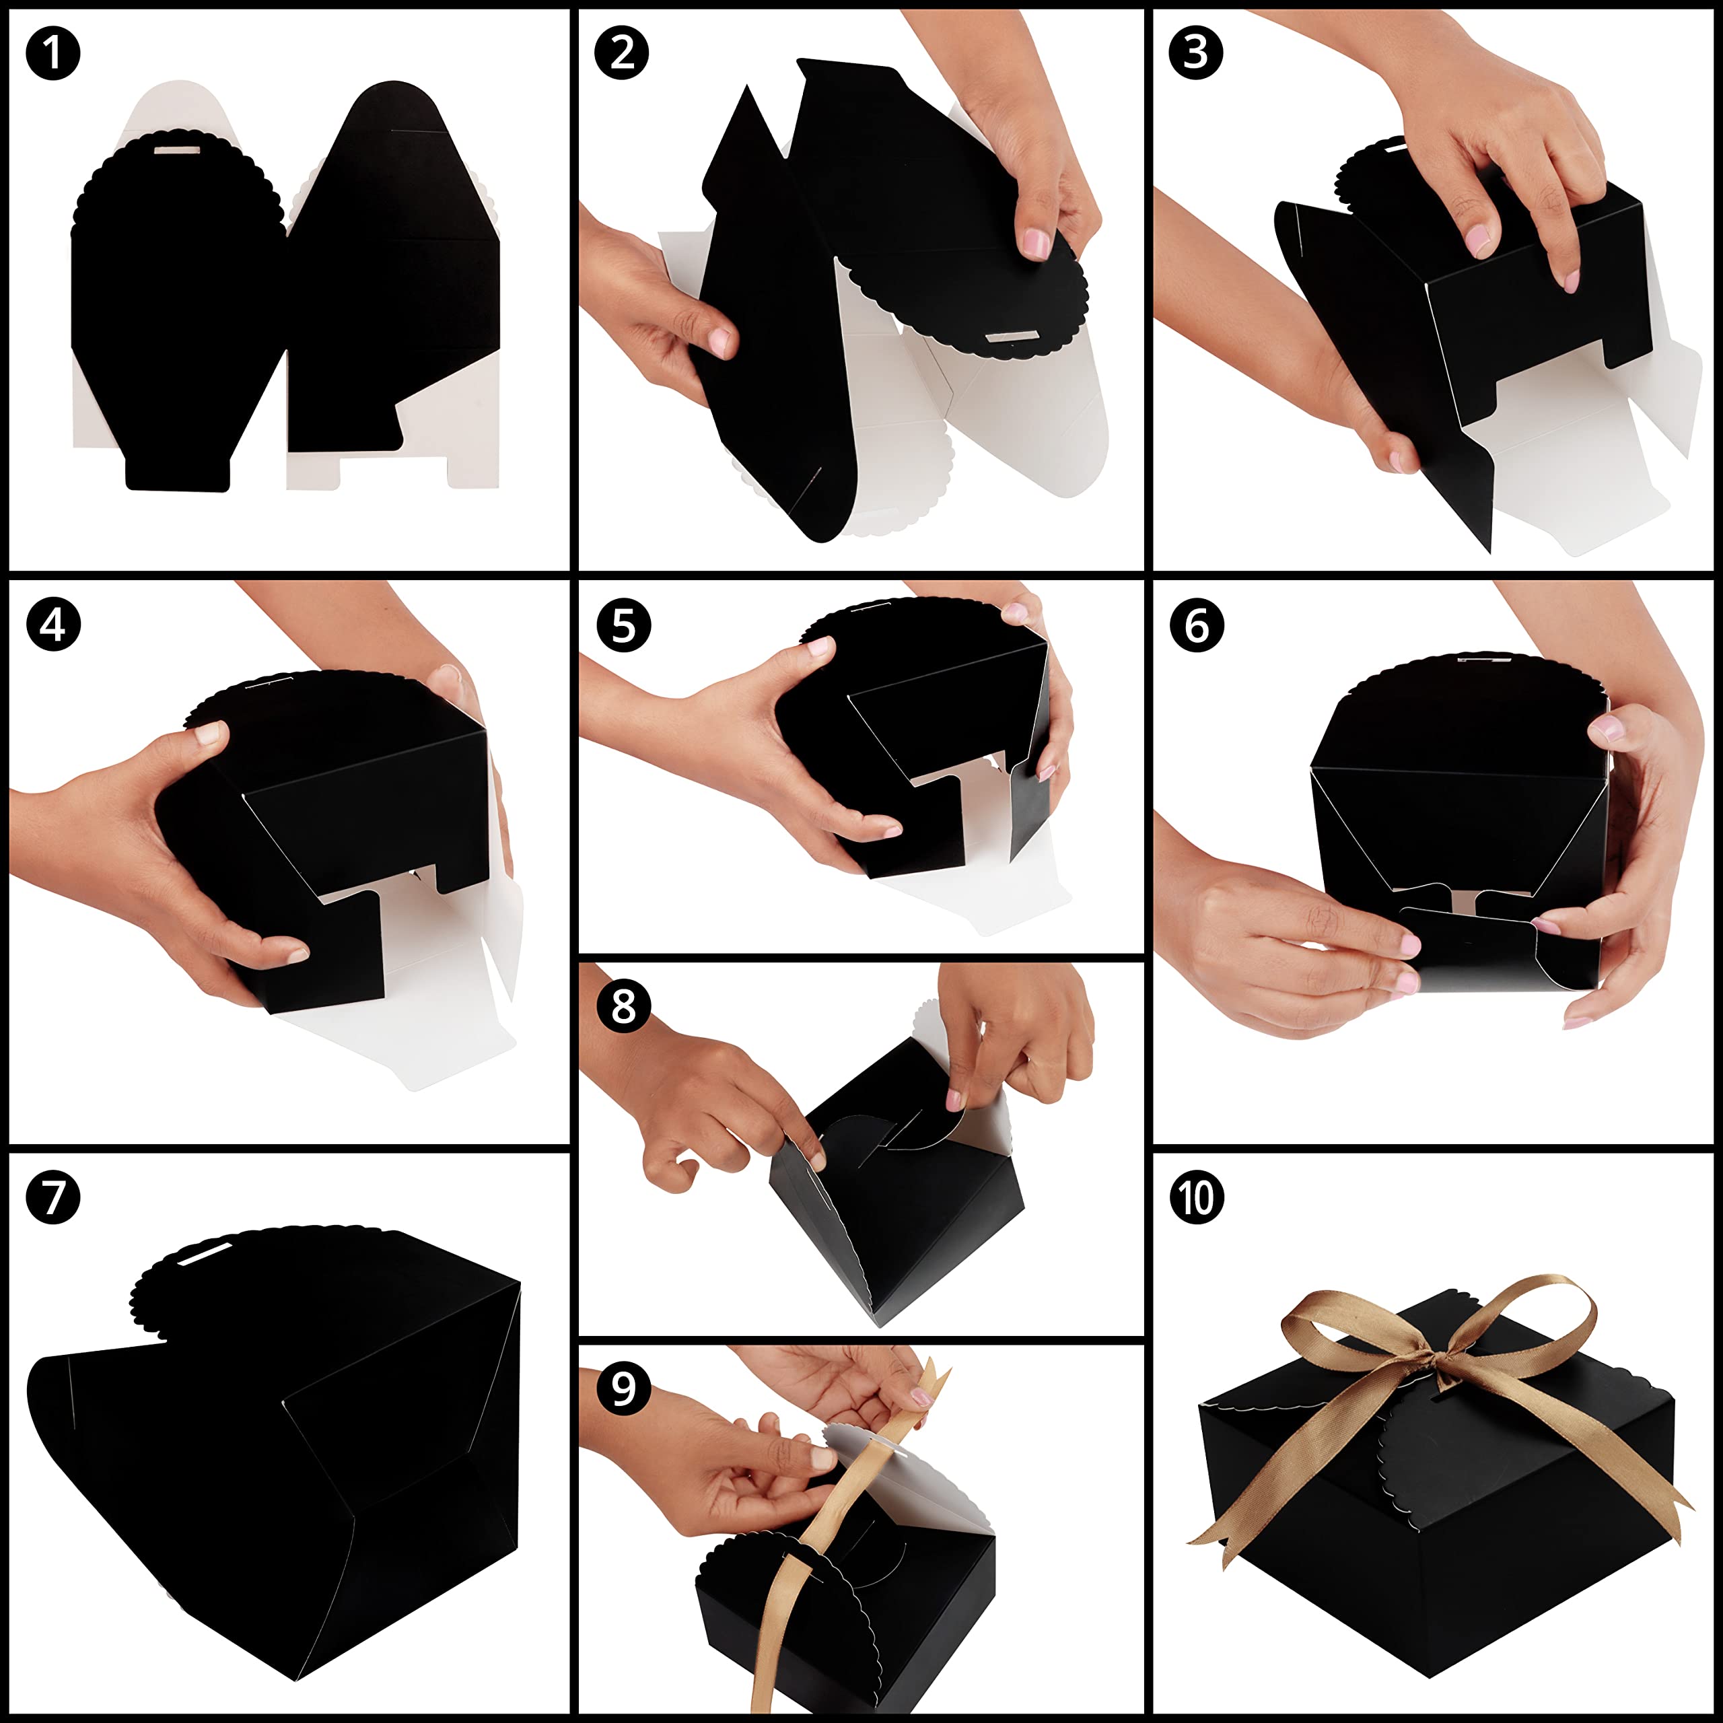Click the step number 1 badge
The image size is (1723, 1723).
pyautogui.click(x=54, y=54)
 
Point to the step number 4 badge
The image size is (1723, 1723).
pyautogui.click(x=54, y=625)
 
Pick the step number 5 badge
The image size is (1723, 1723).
pyautogui.click(x=623, y=625)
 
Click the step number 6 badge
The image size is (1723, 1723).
pyautogui.click(x=1197, y=625)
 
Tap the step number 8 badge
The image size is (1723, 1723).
pyautogui.click(x=623, y=1007)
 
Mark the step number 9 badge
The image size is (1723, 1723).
pyautogui.click(x=623, y=1388)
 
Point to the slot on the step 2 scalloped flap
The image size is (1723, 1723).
pyautogui.click(x=1012, y=337)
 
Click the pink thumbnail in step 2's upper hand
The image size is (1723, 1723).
pyautogui.click(x=1035, y=244)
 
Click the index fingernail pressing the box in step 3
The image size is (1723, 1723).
pyautogui.click(x=1478, y=240)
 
